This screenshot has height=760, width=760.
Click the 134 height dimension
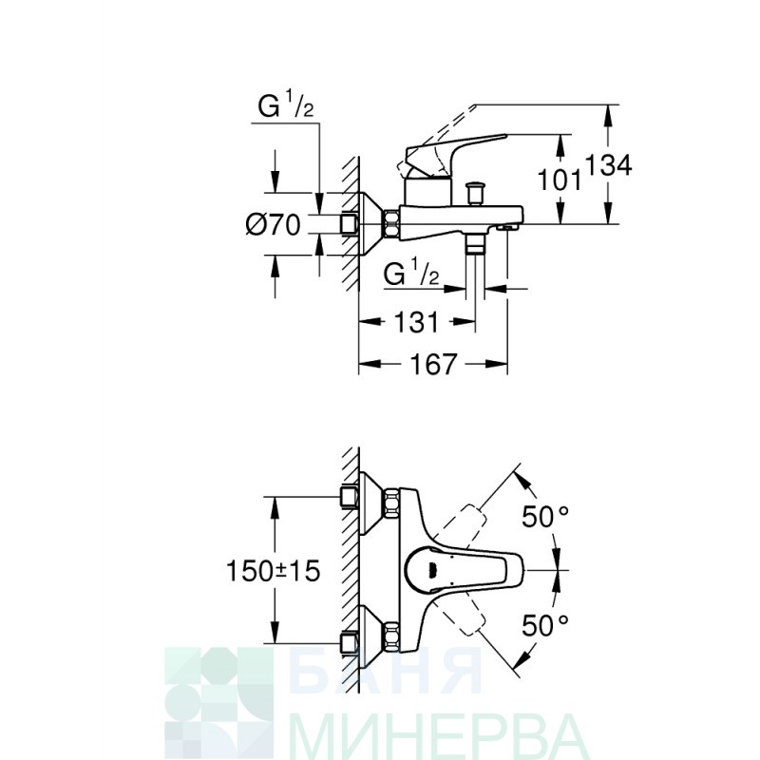(x=609, y=164)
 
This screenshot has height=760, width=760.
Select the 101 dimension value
(x=560, y=180)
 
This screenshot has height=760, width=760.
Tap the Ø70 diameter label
(x=274, y=224)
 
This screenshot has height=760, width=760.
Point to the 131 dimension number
(x=417, y=322)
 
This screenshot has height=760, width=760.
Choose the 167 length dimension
(x=433, y=364)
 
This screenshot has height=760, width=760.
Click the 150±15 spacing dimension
(x=274, y=571)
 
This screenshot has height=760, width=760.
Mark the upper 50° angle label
(x=544, y=516)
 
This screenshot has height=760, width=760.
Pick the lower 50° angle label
(x=544, y=625)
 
